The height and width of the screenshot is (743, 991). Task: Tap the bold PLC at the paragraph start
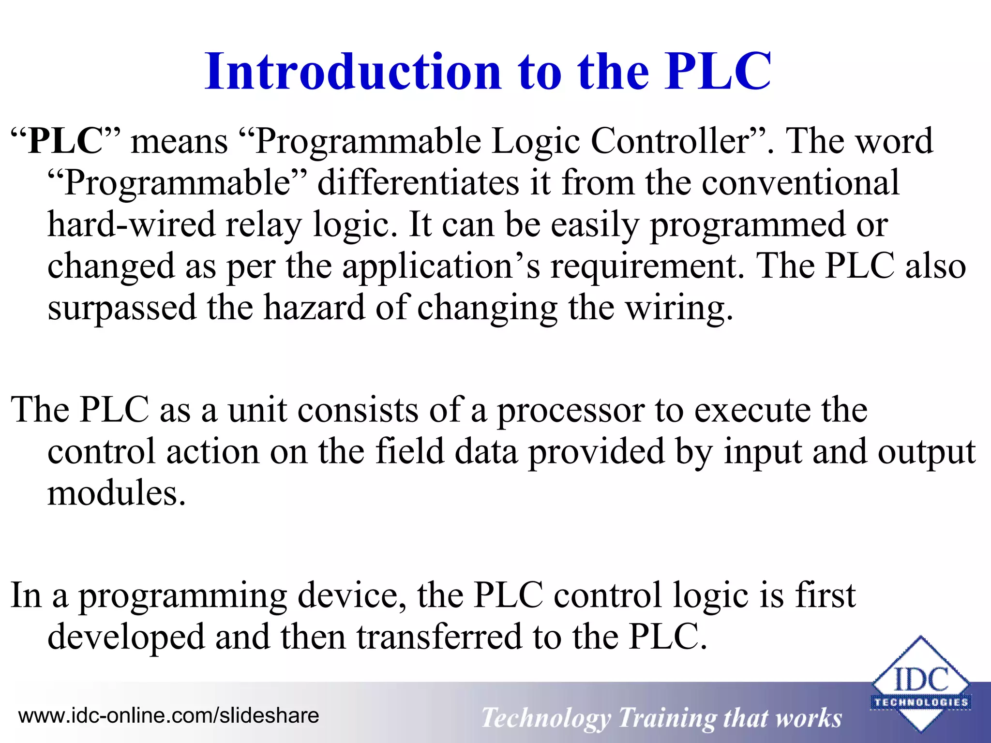65,141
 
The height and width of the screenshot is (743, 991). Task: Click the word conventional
800,183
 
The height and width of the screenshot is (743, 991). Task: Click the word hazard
314,308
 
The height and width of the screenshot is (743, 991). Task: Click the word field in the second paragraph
409,451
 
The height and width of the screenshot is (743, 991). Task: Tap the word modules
116,493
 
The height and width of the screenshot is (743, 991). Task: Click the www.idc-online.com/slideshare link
168,715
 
